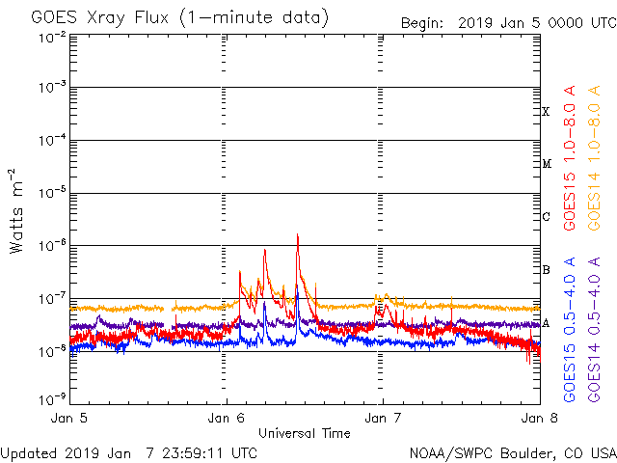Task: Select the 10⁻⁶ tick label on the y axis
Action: pyautogui.click(x=52, y=245)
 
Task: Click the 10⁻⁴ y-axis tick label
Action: pyautogui.click(x=52, y=140)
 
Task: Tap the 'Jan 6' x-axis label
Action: pyautogui.click(x=228, y=419)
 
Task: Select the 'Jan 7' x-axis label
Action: pyautogui.click(x=382, y=419)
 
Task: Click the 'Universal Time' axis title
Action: pyautogui.click(x=305, y=433)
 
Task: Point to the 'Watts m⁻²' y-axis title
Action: pyautogui.click(x=17, y=210)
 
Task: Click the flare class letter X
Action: pyautogui.click(x=546, y=112)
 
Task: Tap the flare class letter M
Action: pyautogui.click(x=546, y=164)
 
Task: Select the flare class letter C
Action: pyautogui.click(x=546, y=217)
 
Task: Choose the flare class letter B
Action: pyautogui.click(x=546, y=269)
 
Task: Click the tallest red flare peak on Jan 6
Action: pyautogui.click(x=298, y=234)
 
